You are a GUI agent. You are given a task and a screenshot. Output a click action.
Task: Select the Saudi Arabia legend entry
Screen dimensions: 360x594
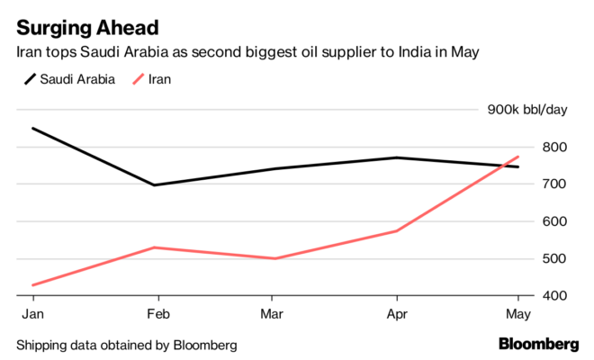coord(68,79)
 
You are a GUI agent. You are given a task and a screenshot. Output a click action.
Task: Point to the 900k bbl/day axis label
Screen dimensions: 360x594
coord(527,110)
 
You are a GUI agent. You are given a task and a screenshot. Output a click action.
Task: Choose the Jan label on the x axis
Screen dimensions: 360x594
coord(31,313)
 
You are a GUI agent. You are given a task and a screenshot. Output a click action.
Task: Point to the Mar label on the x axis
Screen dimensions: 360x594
coord(274,313)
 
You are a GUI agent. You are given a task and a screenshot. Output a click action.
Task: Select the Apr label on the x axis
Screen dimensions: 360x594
coord(396,313)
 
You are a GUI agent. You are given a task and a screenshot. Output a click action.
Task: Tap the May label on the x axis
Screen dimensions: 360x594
coord(517,313)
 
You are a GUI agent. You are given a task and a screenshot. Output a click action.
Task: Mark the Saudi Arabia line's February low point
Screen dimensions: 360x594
coord(155,185)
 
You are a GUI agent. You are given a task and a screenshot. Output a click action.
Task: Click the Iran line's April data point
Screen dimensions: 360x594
coord(397,231)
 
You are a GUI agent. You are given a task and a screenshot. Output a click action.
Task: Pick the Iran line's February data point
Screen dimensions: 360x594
coord(155,247)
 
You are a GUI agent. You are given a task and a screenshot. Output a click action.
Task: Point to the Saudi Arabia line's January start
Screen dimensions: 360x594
coord(32,128)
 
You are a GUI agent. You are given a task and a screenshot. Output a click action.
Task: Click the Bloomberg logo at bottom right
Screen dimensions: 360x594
coord(539,344)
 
